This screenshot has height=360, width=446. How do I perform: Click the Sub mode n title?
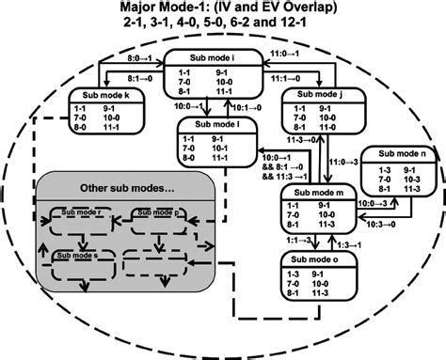point(400,152)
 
